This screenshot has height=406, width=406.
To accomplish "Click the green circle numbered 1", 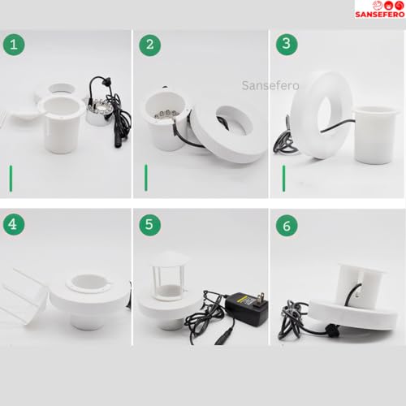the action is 14,45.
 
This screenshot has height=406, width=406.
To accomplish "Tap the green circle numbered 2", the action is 150,45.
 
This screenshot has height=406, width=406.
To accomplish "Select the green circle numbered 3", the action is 287,44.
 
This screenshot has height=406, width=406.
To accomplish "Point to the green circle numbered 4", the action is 14,224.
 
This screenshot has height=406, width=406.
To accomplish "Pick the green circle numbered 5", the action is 150,225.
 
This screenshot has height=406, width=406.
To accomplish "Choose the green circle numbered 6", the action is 287,226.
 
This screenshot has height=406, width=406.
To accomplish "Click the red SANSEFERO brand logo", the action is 380,10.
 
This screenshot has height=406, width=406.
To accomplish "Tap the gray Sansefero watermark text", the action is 270,85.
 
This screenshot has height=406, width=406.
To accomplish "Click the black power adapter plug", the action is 247,308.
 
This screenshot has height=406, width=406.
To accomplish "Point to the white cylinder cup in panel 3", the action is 375,134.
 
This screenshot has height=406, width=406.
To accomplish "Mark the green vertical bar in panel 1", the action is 11,179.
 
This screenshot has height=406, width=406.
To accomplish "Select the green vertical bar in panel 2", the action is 146,178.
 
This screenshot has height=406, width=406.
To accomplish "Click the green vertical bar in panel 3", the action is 283,179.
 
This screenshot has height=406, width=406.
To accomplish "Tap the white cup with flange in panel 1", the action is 62,124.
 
